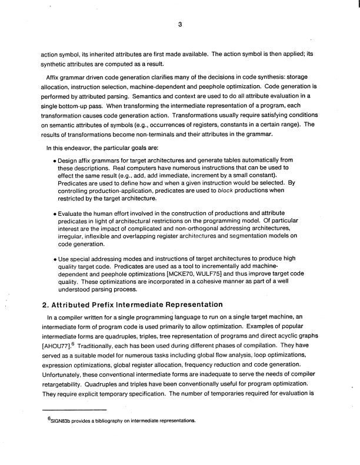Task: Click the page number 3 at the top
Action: (180, 24)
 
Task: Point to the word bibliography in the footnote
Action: (121, 421)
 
